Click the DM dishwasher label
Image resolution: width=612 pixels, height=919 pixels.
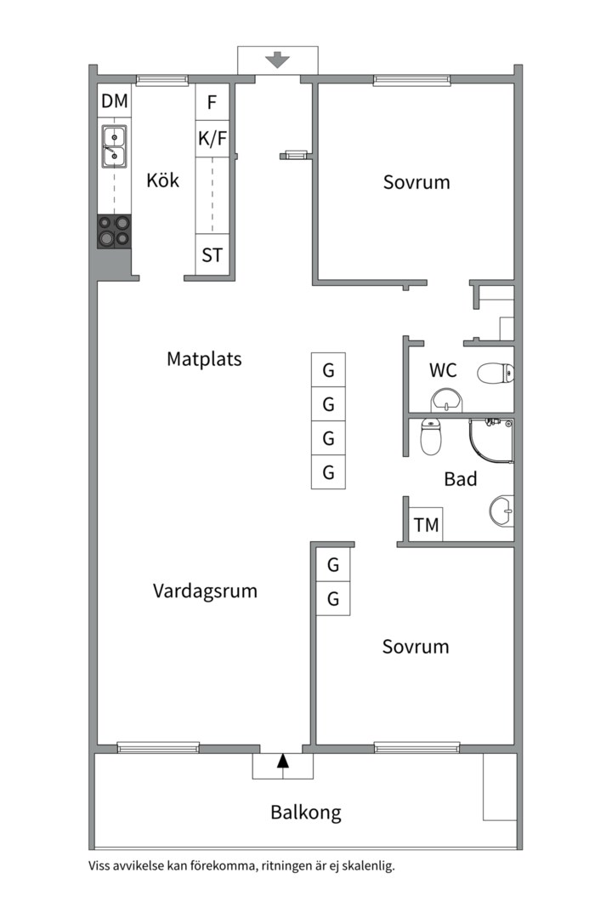point(115,102)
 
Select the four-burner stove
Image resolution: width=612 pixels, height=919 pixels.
point(115,231)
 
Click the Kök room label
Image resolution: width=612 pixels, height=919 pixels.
point(162,180)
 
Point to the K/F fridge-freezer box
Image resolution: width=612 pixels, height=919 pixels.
point(212,139)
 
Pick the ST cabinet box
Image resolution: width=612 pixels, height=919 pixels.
point(212,254)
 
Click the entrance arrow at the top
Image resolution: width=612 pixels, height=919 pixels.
point(278,60)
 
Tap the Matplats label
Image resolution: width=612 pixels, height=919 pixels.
point(204,359)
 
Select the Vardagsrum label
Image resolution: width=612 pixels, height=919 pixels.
point(205,591)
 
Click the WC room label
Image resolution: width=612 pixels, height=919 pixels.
point(443,370)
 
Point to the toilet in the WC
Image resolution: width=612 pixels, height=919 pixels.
point(496,372)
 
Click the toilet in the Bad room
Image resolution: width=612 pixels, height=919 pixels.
point(433,437)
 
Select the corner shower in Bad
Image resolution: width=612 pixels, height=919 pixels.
point(491,442)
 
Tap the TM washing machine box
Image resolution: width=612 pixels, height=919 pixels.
point(427,525)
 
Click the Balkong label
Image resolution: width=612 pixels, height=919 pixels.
point(306,812)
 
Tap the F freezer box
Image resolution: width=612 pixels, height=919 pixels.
point(212,104)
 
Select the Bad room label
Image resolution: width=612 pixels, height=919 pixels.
point(461,479)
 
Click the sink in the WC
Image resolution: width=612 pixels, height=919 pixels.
point(445,399)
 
